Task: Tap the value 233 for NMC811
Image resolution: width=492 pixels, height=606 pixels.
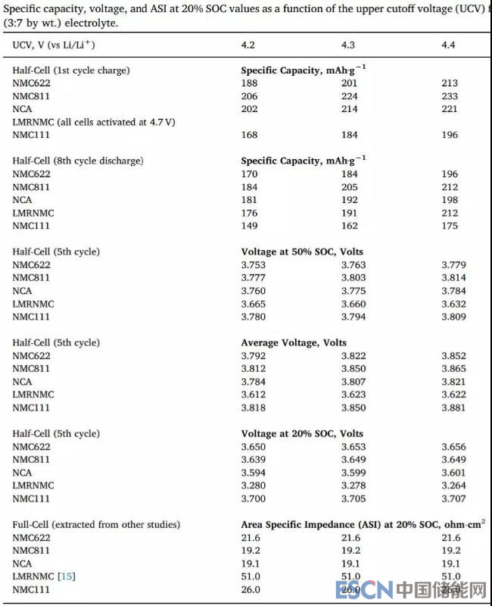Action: [450, 96]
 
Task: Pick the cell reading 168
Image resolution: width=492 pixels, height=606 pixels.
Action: [249, 135]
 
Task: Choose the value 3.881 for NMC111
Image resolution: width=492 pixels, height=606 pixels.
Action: [454, 408]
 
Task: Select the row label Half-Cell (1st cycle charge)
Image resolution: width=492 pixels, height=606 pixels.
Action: [71, 70]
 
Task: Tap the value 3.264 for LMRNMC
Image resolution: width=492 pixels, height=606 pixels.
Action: [454, 485]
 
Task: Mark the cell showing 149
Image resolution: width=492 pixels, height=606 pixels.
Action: [249, 226]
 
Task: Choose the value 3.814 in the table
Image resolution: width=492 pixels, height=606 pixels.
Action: [454, 278]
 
